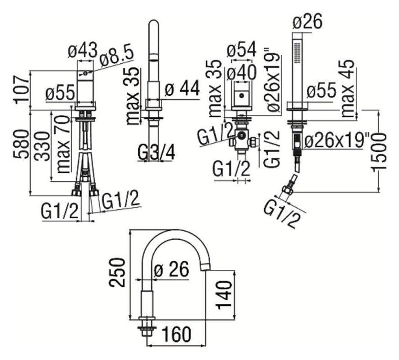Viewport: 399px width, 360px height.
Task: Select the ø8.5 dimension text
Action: (116, 55)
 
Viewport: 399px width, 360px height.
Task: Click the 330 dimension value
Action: (44, 147)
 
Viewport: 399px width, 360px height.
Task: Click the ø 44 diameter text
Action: (182, 89)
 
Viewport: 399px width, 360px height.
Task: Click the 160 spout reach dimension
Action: (177, 334)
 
